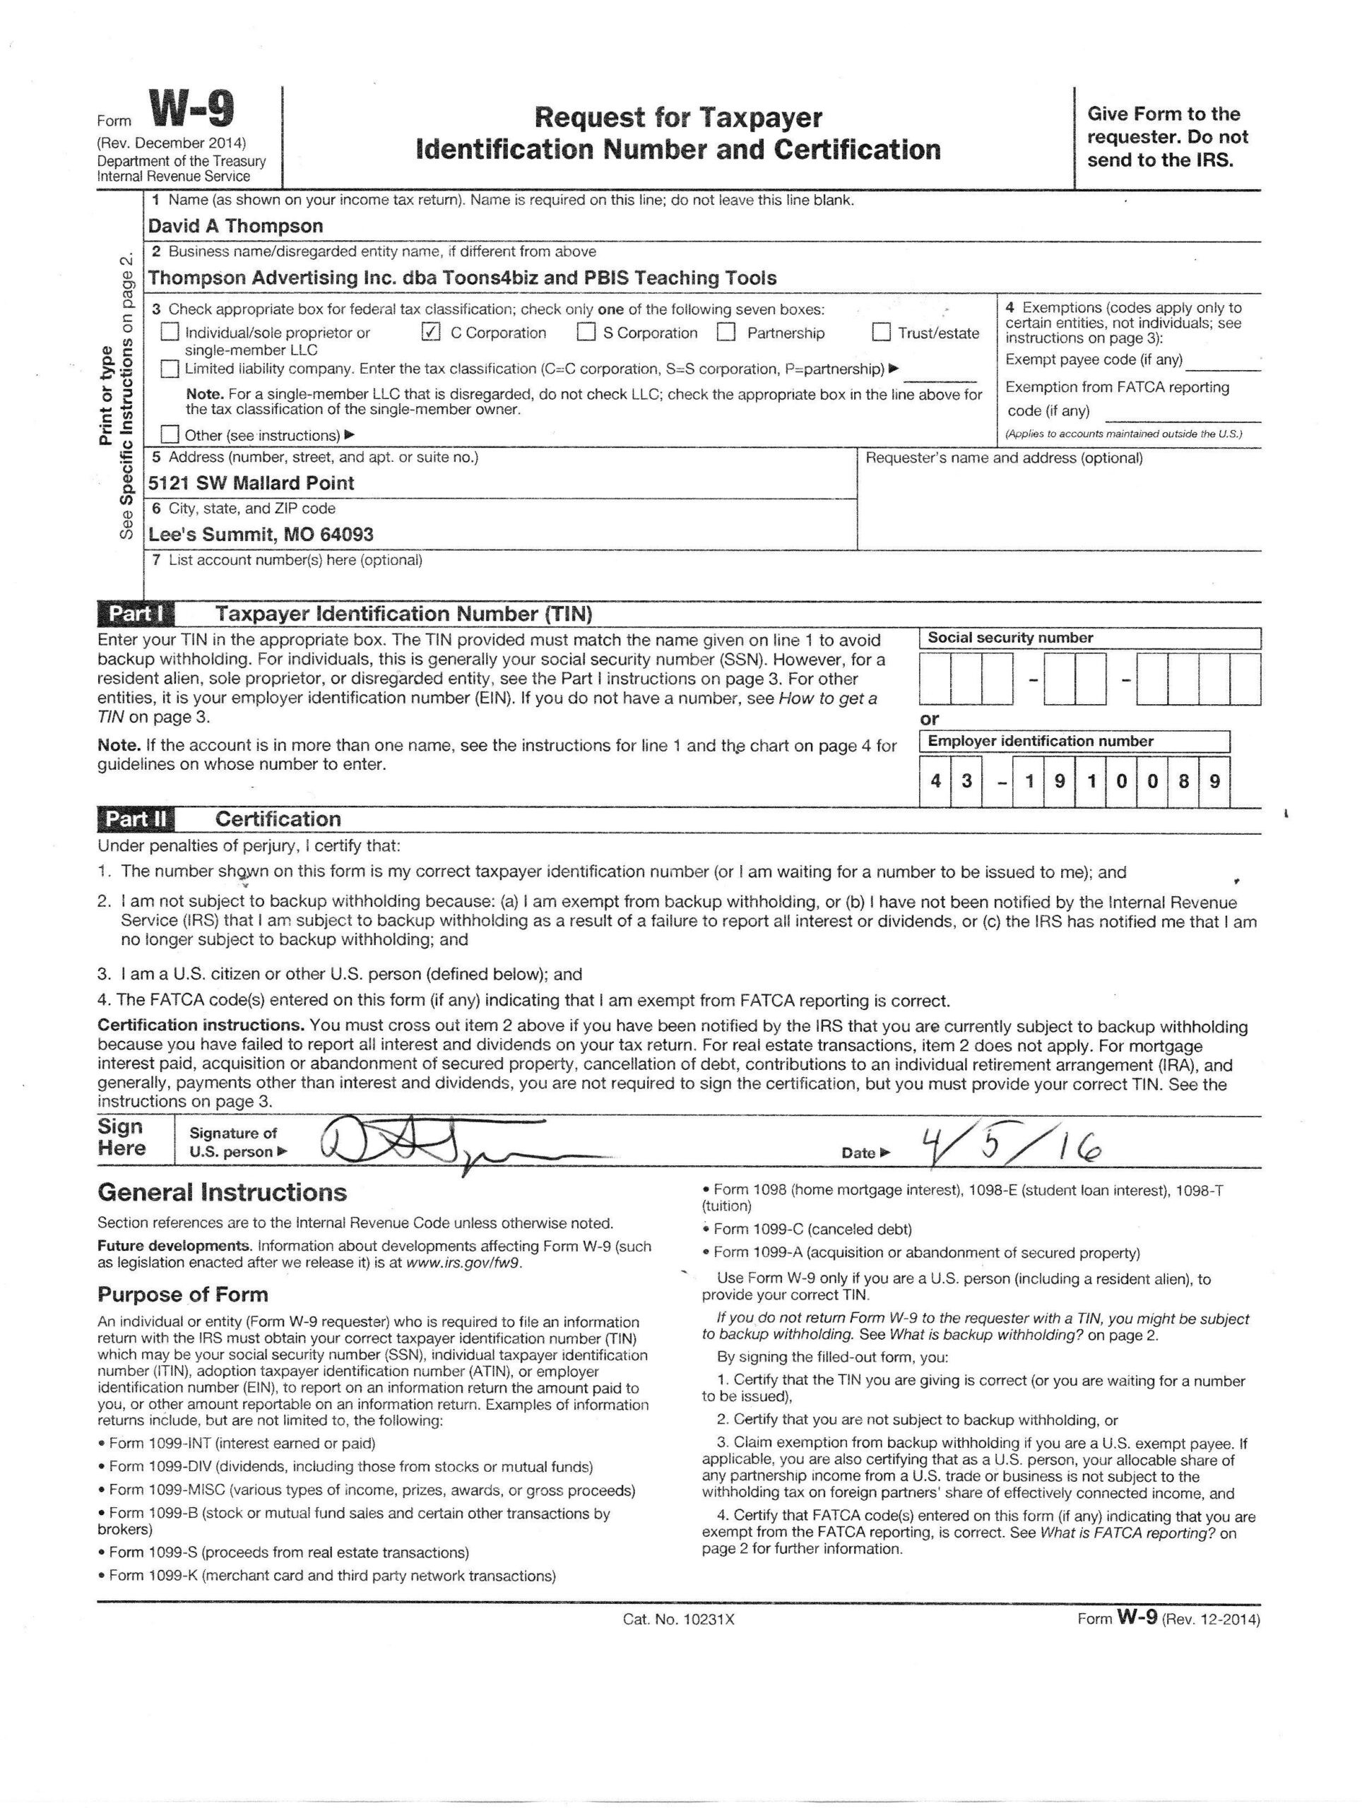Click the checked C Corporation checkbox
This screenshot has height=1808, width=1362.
point(431,332)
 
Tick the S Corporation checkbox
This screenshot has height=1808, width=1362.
point(586,332)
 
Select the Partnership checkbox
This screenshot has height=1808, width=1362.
point(726,332)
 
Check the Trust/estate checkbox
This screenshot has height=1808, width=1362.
point(880,332)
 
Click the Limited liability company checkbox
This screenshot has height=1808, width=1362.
point(170,369)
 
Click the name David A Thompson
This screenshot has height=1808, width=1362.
point(235,225)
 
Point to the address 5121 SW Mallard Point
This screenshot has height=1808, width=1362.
point(251,482)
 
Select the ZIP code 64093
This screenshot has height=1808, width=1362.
point(347,535)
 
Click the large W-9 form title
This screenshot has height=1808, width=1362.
point(191,109)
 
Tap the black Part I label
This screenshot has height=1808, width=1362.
point(135,614)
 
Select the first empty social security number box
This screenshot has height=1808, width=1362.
point(935,679)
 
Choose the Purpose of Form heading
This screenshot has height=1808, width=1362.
point(182,1295)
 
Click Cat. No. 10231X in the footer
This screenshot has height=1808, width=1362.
point(679,1619)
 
